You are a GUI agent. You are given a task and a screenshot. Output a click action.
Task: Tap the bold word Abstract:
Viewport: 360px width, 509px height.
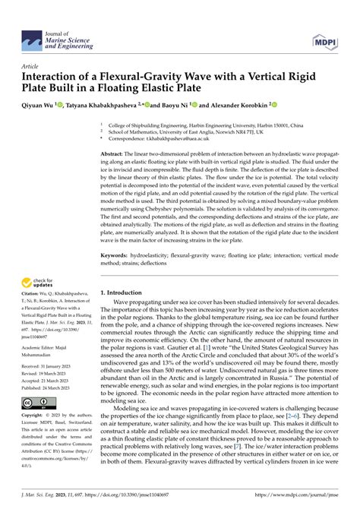(x=115, y=155)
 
